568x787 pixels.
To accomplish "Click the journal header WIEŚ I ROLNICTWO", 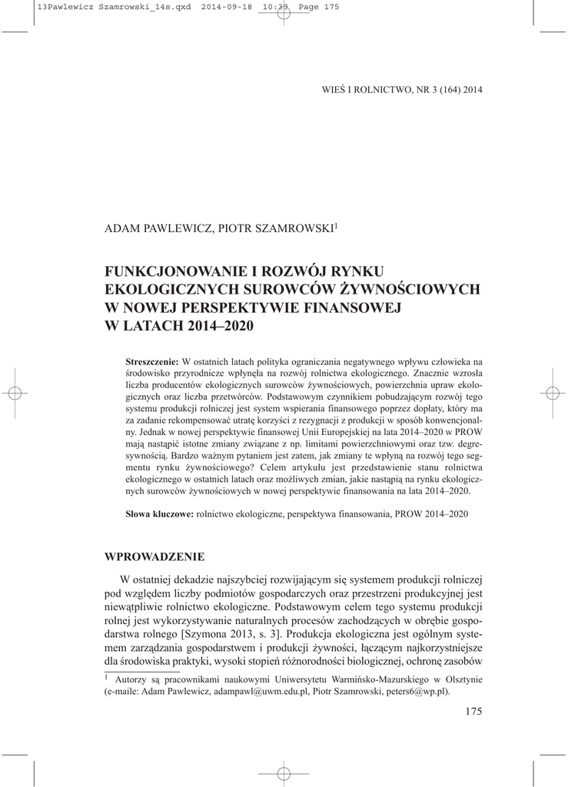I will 361,89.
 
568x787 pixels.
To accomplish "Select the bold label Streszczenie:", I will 152,361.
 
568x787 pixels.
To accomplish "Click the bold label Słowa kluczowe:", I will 159,512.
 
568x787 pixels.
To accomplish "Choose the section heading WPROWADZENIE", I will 155,555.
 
